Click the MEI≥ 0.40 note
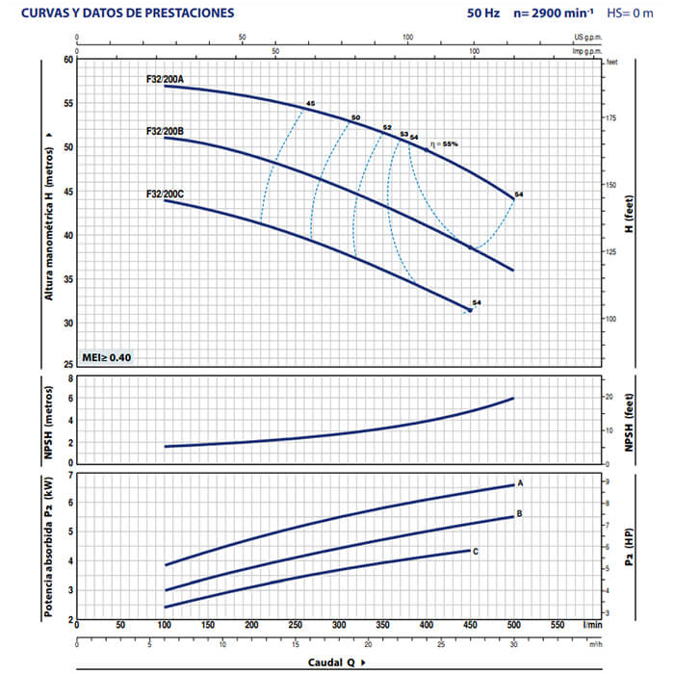coord(107,358)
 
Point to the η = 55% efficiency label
coord(444,143)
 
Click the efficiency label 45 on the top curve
coord(310,103)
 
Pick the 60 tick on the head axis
coord(67,60)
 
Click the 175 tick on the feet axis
coord(608,117)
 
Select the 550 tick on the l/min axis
coord(557,625)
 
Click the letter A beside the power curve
coord(520,482)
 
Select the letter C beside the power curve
coord(476,550)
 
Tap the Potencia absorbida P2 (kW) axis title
coord(46,547)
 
